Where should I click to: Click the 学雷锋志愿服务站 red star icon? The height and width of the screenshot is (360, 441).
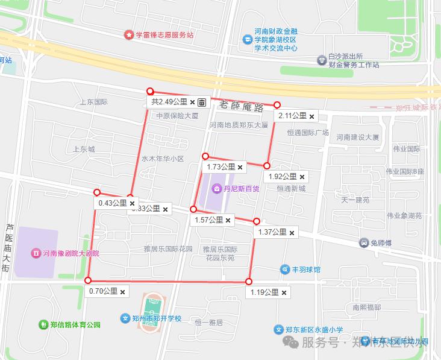pyautogui.click(x=128, y=35)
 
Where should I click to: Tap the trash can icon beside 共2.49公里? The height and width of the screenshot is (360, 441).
pyautogui.click(x=202, y=102)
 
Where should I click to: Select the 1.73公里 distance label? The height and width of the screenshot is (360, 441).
pyautogui.click(x=220, y=167)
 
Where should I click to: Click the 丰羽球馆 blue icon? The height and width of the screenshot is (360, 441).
pyautogui.click(x=286, y=269)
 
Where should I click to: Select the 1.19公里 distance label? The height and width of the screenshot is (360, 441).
pyautogui.click(x=264, y=292)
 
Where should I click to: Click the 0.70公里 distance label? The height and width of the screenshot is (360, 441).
pyautogui.click(x=103, y=291)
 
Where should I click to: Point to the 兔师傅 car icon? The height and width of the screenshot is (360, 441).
pyautogui.click(x=364, y=243)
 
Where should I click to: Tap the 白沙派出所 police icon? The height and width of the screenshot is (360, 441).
pyautogui.click(x=322, y=60)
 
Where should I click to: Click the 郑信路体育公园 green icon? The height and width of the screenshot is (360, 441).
pyautogui.click(x=43, y=324)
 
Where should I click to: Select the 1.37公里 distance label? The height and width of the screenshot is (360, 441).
pyautogui.click(x=272, y=232)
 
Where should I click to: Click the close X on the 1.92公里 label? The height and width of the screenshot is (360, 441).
pyautogui.click(x=302, y=177)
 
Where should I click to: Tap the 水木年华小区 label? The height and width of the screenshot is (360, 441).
pyautogui.click(x=162, y=159)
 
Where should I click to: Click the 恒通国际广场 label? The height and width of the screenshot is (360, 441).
pyautogui.click(x=307, y=133)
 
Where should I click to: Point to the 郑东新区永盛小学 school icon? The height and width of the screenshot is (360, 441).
pyautogui.click(x=278, y=330)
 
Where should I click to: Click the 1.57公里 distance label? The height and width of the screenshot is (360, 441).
pyautogui.click(x=208, y=220)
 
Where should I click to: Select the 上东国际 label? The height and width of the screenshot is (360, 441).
pyautogui.click(x=93, y=102)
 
